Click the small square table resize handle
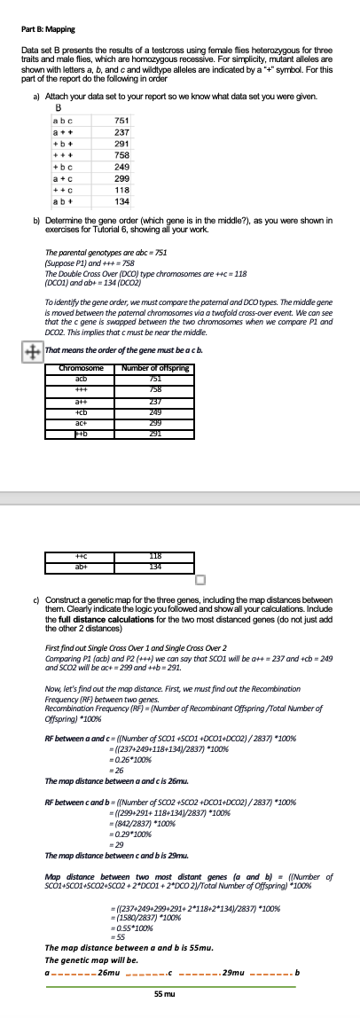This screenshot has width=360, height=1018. (200, 580)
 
